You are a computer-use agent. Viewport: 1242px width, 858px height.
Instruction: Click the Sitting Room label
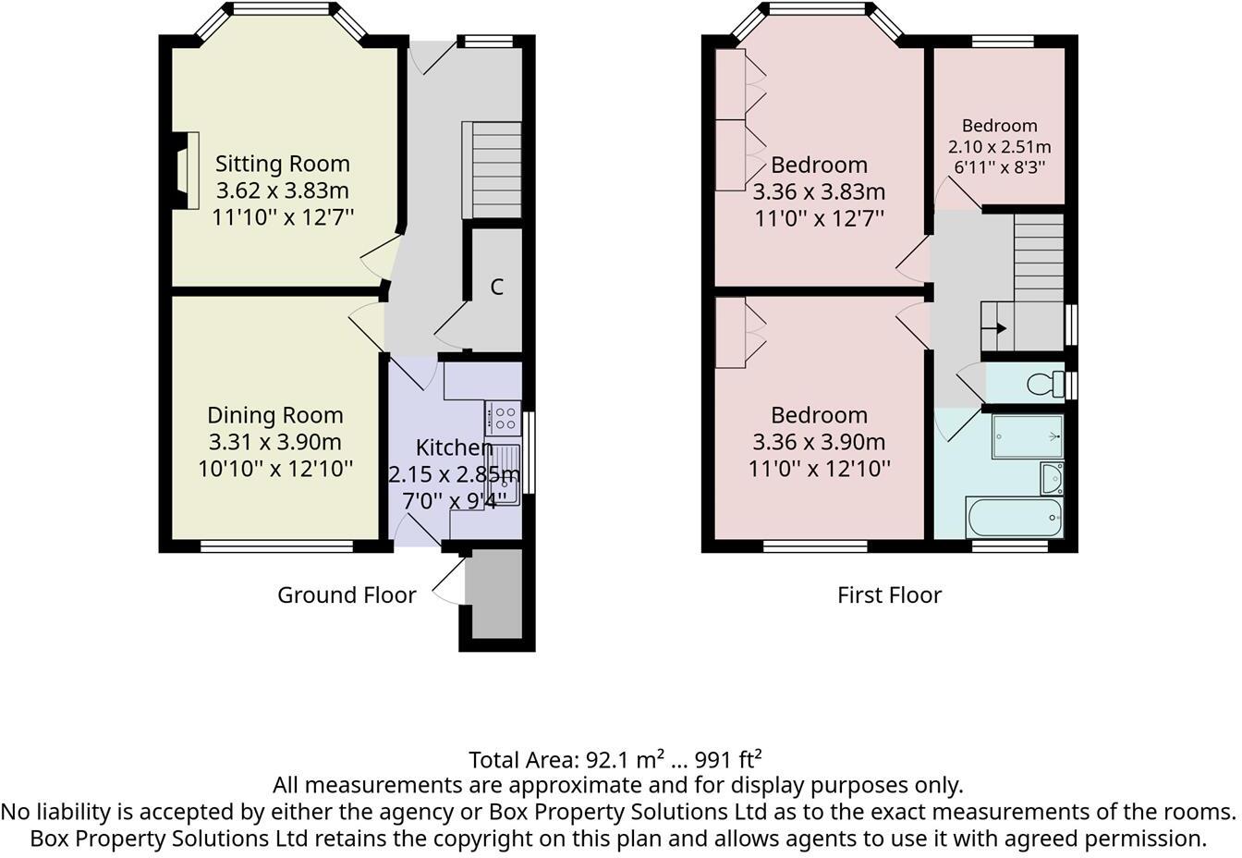tap(282, 164)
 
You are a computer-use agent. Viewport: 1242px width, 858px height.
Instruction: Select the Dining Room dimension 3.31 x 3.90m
tap(274, 442)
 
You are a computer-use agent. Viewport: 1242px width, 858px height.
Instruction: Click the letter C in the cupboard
tap(496, 287)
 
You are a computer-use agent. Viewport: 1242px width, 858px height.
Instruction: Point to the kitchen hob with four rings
tap(504, 418)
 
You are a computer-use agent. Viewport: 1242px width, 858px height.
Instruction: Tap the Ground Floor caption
tap(347, 594)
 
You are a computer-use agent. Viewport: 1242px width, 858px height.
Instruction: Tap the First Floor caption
tap(889, 594)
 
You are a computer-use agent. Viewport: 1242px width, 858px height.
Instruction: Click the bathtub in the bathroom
tap(1015, 518)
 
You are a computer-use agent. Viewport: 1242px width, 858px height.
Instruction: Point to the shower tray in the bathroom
tap(1027, 436)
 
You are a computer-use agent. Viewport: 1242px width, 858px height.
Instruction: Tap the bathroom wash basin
tap(1052, 478)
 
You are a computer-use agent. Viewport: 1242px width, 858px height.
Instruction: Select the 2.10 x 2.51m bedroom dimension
tap(999, 146)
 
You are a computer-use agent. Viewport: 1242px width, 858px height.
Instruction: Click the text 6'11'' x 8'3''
tap(999, 166)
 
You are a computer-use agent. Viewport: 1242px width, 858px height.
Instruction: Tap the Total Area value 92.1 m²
tap(625, 759)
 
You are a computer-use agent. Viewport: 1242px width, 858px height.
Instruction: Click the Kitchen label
tap(454, 447)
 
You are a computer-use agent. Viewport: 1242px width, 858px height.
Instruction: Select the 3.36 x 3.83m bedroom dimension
tap(819, 191)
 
